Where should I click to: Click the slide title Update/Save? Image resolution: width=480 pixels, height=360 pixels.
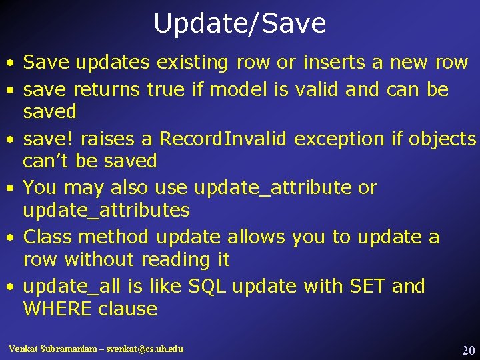point(240,24)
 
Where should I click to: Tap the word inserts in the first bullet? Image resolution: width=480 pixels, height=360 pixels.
point(335,63)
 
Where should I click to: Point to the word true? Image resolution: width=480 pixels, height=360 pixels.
point(165,89)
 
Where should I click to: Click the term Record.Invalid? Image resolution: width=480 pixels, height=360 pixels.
point(223,139)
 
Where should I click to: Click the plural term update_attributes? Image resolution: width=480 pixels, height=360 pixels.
point(106,211)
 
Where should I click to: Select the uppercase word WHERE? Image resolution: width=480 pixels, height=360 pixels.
point(57,309)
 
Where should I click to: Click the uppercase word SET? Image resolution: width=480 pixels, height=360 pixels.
point(366,287)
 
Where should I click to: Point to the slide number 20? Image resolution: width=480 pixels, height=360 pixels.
point(468,350)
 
